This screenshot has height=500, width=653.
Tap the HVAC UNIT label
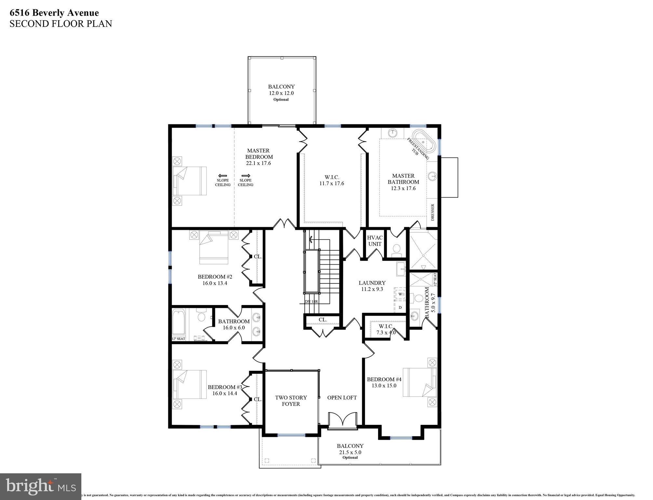click(x=375, y=241)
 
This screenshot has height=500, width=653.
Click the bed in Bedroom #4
click(x=420, y=382)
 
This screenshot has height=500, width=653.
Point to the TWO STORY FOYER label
click(x=291, y=401)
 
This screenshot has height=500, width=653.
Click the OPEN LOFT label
click(x=342, y=397)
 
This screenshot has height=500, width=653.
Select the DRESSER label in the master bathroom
click(x=432, y=213)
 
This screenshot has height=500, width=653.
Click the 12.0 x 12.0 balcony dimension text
click(x=281, y=93)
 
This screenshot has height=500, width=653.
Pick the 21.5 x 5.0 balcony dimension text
click(x=350, y=452)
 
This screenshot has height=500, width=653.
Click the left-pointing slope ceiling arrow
click(x=223, y=175)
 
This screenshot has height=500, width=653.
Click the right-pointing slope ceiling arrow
click(x=245, y=175)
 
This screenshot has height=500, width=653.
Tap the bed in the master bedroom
click(x=190, y=181)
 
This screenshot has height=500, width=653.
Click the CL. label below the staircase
click(x=322, y=320)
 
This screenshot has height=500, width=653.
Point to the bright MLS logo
click(x=40, y=486)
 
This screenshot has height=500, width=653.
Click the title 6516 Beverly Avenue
click(x=54, y=13)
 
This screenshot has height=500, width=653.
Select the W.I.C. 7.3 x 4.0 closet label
click(x=386, y=329)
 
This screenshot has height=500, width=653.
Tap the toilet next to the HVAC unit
click(x=396, y=249)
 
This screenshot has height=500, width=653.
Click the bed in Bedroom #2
click(x=214, y=247)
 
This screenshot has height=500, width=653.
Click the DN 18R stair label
click(x=311, y=301)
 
